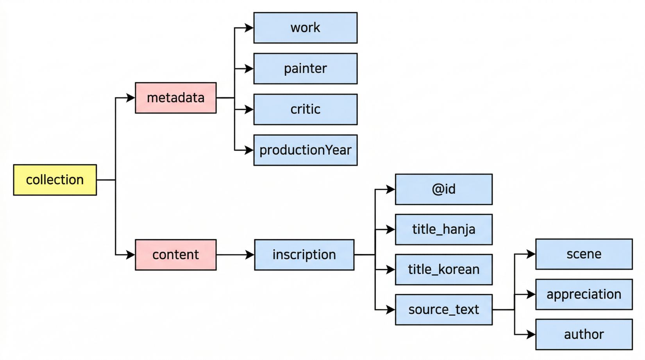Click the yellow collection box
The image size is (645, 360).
55,180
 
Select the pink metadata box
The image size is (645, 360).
176,98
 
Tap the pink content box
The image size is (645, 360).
176,255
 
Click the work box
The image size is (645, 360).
306,28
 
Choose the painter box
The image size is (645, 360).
306,68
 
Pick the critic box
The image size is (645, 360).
306,109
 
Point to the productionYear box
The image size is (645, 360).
306,150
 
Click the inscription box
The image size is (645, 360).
304,255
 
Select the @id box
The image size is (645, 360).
444,189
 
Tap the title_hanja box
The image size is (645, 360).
444,229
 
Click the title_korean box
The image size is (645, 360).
444,270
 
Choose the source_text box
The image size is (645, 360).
444,310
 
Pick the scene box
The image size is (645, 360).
584,254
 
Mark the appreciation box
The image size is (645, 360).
584,294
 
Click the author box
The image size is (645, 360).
584,334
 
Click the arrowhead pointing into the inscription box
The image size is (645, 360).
250,255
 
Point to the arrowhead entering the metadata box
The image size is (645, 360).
130,98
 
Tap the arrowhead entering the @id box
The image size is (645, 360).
390,189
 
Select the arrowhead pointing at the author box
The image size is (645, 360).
531,334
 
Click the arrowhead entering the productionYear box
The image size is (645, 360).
249,150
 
